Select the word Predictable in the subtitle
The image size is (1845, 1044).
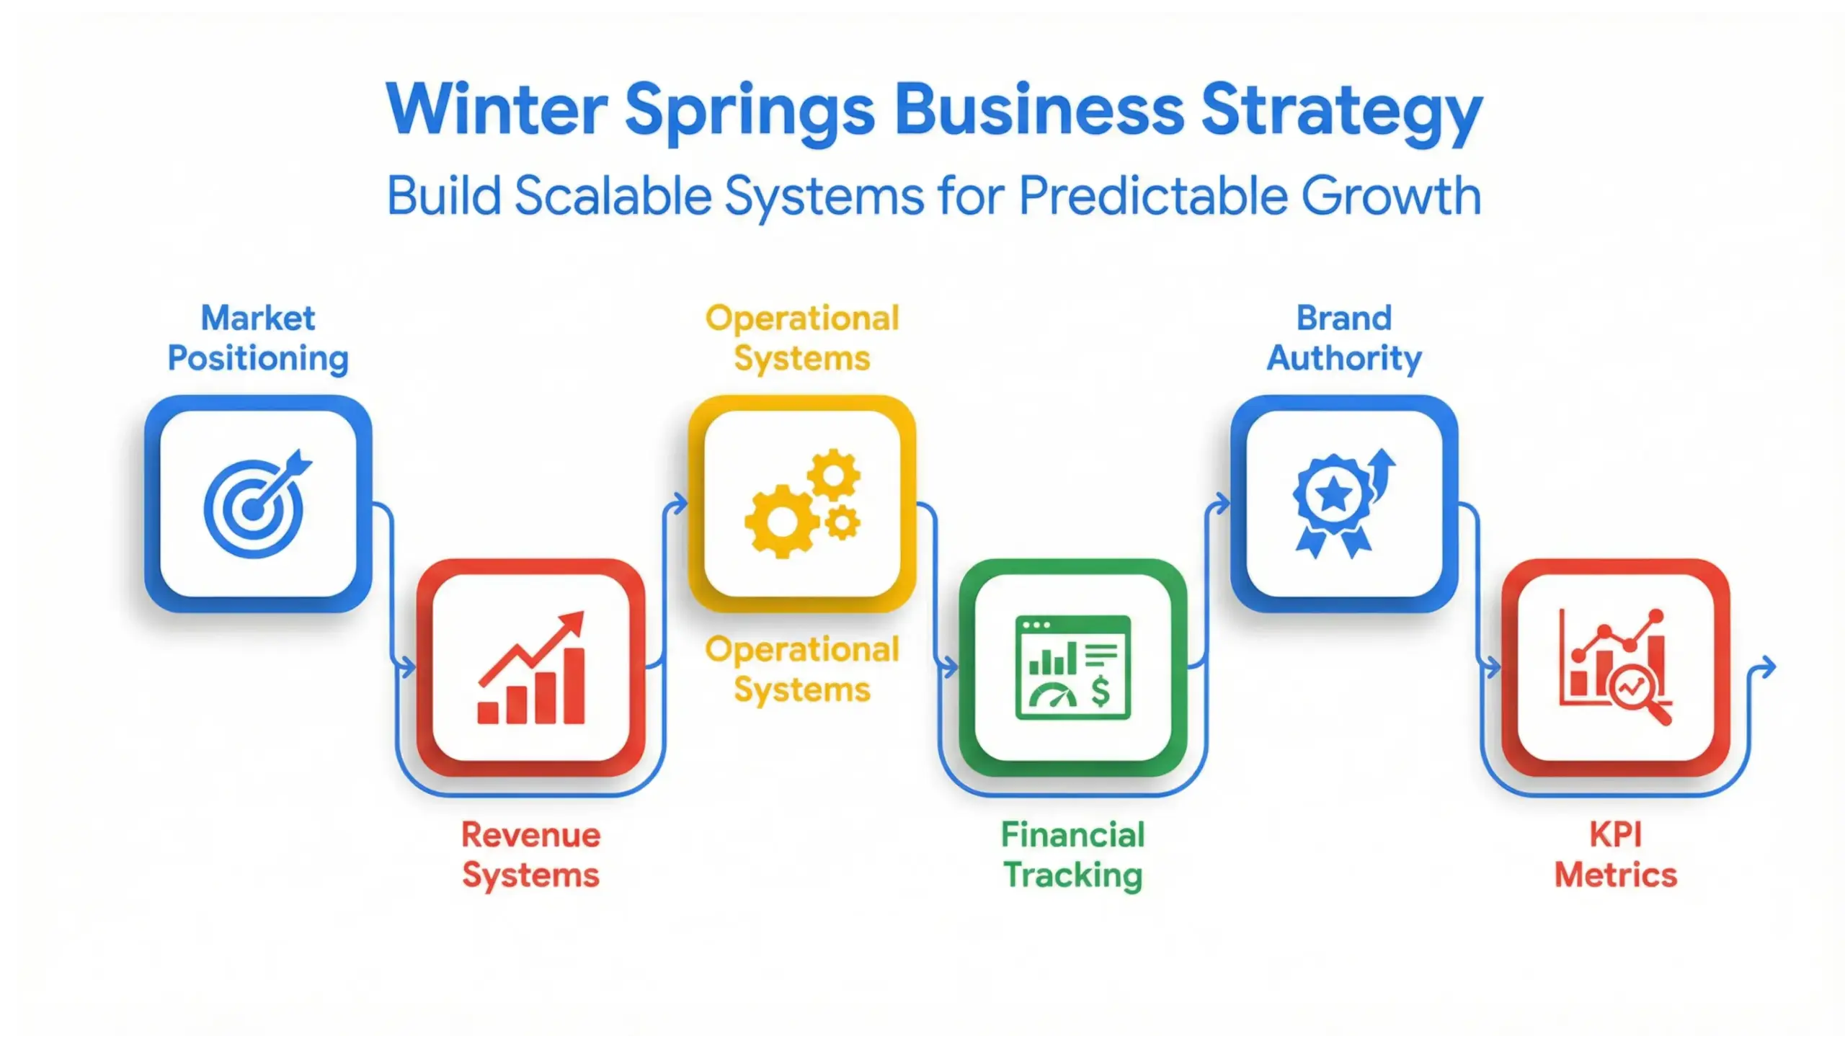1152,196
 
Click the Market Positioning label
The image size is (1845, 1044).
258,338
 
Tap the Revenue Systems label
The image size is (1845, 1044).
531,855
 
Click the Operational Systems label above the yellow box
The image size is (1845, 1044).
802,338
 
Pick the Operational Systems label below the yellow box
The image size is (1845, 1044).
802,669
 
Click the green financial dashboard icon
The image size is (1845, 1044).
1073,668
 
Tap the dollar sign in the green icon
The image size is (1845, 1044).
1100,692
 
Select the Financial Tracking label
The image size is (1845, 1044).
1073,855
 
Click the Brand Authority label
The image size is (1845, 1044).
1344,338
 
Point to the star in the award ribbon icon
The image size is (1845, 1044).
1333,495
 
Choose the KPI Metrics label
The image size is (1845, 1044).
1616,855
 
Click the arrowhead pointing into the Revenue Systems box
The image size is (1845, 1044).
409,667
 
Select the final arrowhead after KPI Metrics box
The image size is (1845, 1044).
1768,667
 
